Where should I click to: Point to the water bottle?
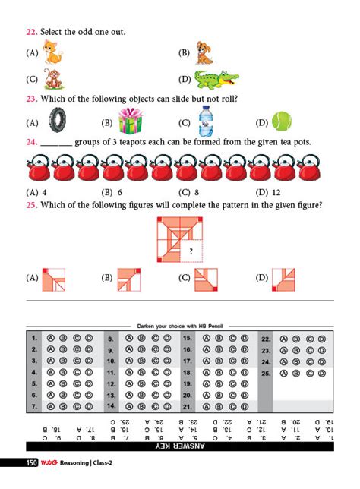tap(206, 120)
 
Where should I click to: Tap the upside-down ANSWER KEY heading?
tap(181, 448)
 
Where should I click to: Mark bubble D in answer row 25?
tap(322, 374)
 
